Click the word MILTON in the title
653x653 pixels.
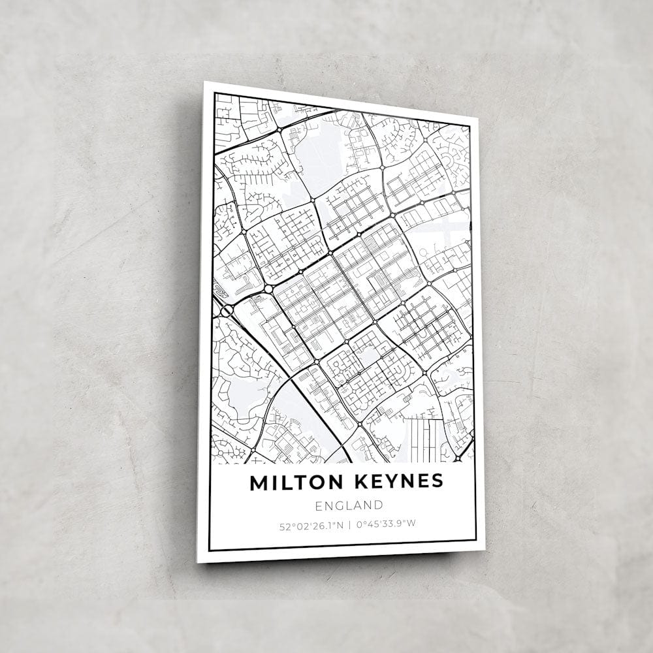tap(295, 482)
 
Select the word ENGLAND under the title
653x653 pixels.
tap(348, 505)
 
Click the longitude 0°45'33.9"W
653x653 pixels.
tap(386, 522)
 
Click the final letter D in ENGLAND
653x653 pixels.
tap(378, 505)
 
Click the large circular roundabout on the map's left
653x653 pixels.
tap(268, 289)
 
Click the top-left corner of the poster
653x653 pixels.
tap(204, 82)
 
